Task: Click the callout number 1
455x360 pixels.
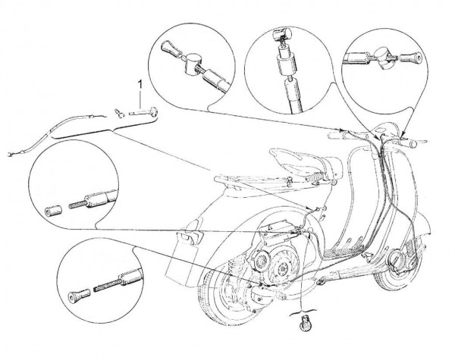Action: tap(140, 85)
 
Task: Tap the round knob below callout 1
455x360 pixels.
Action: tap(153, 111)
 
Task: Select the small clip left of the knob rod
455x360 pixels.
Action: tap(119, 113)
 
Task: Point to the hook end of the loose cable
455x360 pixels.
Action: tap(11, 154)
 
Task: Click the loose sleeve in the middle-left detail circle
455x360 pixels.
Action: tap(53, 211)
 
